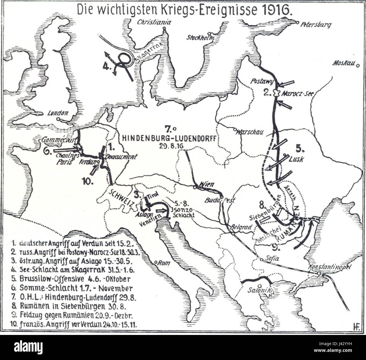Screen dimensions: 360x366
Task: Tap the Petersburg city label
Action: click(x=316, y=25)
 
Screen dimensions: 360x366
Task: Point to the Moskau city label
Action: click(x=343, y=63)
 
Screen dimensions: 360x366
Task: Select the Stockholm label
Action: click(x=200, y=38)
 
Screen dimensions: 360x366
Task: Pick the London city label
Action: click(x=58, y=113)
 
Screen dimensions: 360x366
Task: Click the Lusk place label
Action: click(x=296, y=159)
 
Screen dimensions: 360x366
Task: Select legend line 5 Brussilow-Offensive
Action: click(x=72, y=279)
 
